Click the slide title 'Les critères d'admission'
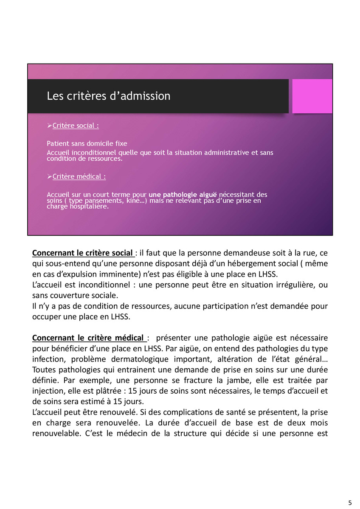(108, 96)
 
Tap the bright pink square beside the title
(312, 96)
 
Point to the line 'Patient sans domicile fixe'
(87, 143)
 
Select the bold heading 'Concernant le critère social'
(83, 253)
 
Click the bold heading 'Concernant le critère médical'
(89, 338)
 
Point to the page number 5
(349, 503)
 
